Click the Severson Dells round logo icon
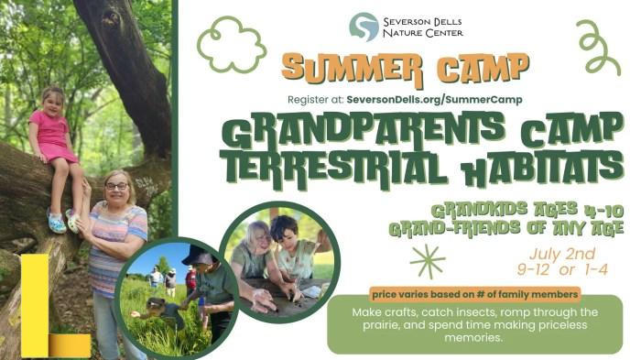364,27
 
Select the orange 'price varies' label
474,294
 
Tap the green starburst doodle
428,261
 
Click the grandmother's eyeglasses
116,186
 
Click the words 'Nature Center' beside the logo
424,33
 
